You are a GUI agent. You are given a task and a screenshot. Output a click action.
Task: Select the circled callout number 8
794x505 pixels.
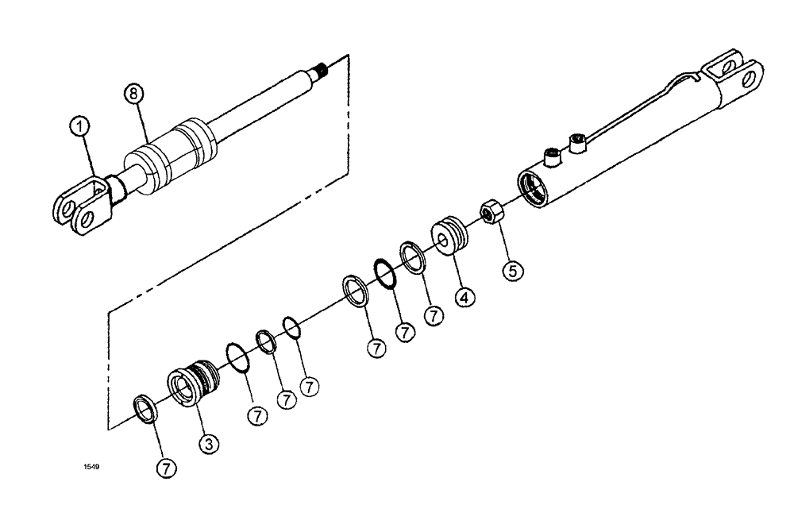(135, 94)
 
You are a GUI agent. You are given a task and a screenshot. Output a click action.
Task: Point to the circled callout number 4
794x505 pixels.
(464, 299)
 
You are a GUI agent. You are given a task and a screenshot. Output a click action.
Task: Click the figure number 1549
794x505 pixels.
(92, 467)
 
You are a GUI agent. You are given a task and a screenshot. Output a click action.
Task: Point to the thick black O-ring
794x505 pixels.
(384, 274)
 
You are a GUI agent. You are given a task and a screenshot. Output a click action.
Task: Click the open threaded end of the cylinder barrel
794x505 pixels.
(533, 189)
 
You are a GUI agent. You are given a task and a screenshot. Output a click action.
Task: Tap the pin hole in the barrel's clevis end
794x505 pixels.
(746, 79)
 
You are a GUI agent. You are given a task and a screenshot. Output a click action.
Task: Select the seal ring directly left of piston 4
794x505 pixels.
(411, 257)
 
